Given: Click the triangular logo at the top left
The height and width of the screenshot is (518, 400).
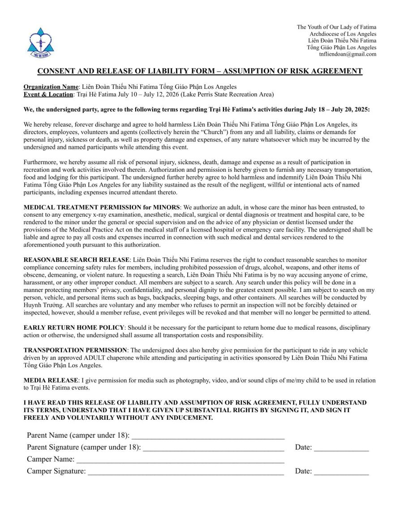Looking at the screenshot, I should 39,42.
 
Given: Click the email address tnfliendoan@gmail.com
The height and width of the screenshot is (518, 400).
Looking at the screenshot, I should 348,54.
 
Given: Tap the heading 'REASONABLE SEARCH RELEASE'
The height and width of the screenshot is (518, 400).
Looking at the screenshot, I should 77,260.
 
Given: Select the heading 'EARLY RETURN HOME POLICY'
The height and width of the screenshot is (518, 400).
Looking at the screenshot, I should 73,328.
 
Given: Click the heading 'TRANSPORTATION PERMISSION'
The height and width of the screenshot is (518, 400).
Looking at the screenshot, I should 75,350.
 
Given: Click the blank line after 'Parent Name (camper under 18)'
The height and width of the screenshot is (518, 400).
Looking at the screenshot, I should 208,436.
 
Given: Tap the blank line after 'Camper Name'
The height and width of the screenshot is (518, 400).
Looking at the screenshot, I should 181,460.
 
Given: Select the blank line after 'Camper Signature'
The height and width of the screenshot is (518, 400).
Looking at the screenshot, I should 185,471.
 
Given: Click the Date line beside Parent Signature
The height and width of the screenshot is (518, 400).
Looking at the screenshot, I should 341,448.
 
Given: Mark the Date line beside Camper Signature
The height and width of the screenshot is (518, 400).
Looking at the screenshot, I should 341,471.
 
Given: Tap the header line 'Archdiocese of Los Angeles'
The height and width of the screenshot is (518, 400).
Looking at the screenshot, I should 343,34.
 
